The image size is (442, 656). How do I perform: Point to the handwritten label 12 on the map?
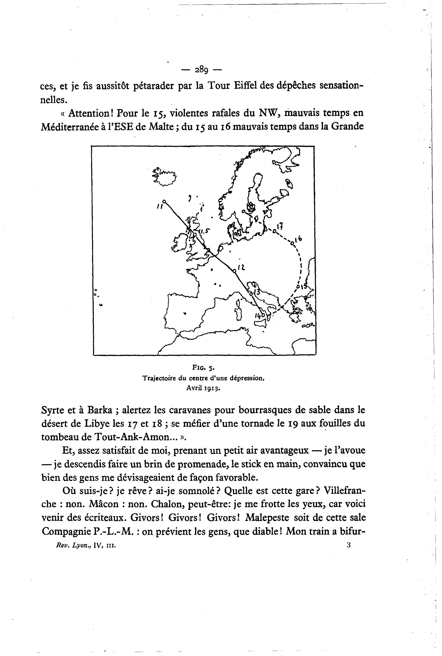click(241, 267)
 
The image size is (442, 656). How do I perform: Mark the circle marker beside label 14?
click(262, 314)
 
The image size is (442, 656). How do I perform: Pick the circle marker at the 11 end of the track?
click(165, 201)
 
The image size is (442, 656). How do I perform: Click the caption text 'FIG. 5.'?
click(204, 368)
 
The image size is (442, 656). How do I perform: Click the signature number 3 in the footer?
click(349, 545)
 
